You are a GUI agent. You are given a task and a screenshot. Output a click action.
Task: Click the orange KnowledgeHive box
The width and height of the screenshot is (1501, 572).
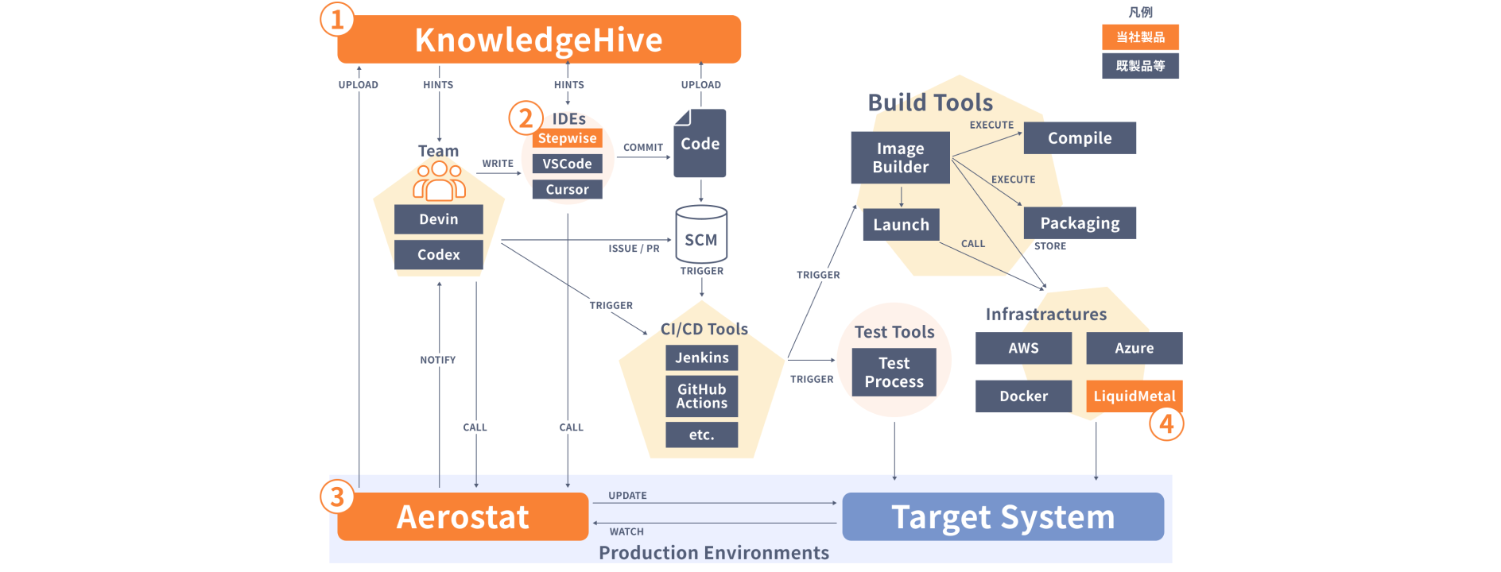coord(538,40)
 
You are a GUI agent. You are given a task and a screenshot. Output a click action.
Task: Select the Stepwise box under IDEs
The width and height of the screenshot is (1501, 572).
coord(567,138)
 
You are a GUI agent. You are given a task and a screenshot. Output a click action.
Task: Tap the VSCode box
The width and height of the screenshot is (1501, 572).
coord(567,164)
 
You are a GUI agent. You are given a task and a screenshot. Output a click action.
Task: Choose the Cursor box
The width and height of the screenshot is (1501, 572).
coord(567,190)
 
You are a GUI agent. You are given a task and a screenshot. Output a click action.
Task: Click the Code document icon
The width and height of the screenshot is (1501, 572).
coord(700,144)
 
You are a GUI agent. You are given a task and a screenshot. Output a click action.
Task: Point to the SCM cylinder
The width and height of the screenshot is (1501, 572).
coord(701,235)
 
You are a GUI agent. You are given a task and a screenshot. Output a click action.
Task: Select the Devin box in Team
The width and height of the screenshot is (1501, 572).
coord(438,219)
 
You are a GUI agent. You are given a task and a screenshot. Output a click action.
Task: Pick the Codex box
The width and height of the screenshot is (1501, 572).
coord(438,255)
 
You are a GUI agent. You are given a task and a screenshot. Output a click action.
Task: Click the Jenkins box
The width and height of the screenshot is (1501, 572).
coord(701,357)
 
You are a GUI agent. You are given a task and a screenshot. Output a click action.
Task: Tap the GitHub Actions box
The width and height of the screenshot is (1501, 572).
coord(701,396)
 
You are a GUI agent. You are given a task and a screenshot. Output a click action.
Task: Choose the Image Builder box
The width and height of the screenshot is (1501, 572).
coord(900,157)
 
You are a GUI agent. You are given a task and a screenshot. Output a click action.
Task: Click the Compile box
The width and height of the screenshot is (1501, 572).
coord(1079,138)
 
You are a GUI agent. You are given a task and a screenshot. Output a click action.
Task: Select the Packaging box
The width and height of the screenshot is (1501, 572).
coord(1079,223)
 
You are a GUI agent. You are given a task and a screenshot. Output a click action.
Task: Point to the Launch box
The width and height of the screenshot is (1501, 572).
coord(901,225)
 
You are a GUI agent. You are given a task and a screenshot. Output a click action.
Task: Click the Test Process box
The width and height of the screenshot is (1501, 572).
coord(894,373)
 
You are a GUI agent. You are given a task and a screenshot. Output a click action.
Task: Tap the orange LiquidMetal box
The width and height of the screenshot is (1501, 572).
coord(1134,396)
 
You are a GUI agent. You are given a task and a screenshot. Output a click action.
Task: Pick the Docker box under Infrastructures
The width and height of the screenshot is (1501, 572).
coord(1023,396)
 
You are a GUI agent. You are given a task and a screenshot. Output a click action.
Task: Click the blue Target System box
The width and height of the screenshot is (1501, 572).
coord(1003,517)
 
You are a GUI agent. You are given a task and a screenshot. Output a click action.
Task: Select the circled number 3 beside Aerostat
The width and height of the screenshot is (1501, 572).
coord(337,497)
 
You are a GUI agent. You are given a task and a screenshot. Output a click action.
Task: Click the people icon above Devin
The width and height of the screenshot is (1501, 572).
coord(438,182)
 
